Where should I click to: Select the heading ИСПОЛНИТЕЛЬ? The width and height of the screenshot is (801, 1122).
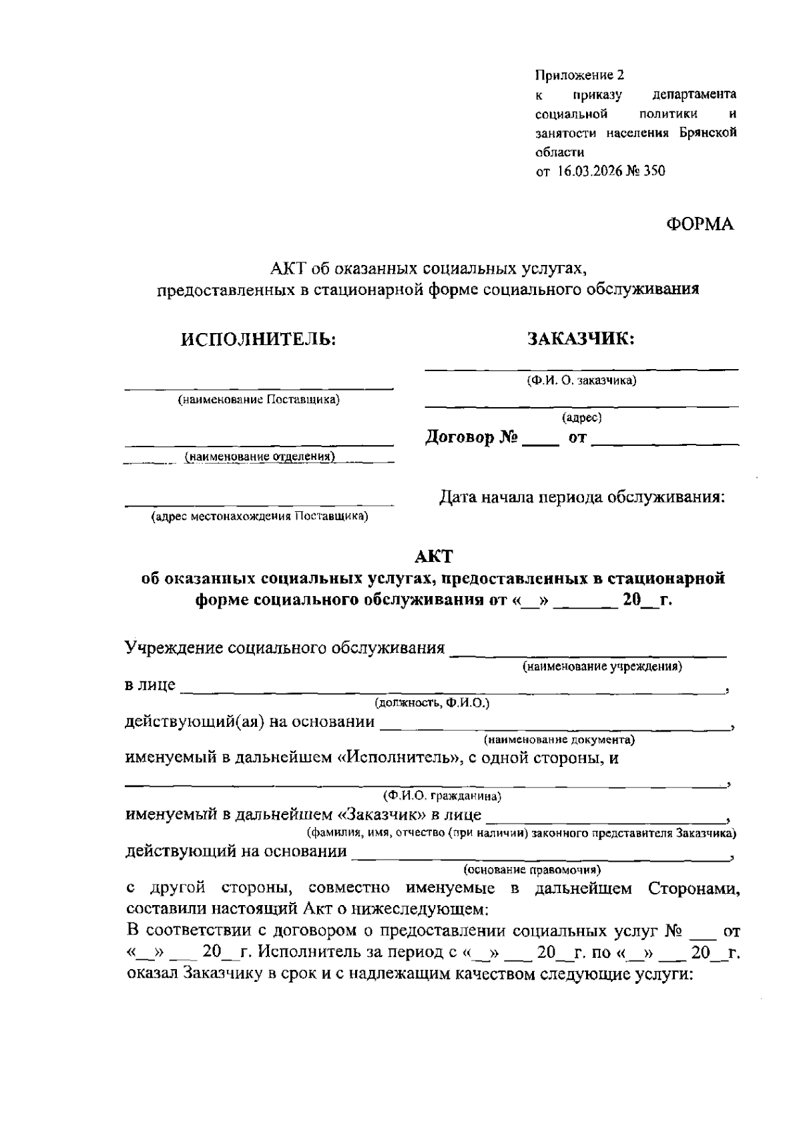(258, 339)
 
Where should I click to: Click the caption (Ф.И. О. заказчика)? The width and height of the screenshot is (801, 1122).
(581, 381)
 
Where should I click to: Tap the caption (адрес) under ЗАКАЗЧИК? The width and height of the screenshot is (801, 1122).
(581, 418)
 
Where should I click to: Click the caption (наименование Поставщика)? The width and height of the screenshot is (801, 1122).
(258, 400)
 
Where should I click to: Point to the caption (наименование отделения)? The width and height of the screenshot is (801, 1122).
(260, 457)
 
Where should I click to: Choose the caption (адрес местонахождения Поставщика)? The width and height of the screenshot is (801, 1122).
(260, 517)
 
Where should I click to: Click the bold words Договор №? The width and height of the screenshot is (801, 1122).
(472, 439)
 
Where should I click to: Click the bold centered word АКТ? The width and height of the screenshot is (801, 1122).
(433, 556)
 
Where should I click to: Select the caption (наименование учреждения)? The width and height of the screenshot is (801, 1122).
(601, 666)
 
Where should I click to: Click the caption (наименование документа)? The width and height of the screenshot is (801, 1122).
(559, 740)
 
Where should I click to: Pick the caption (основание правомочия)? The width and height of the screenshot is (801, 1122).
(532, 870)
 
